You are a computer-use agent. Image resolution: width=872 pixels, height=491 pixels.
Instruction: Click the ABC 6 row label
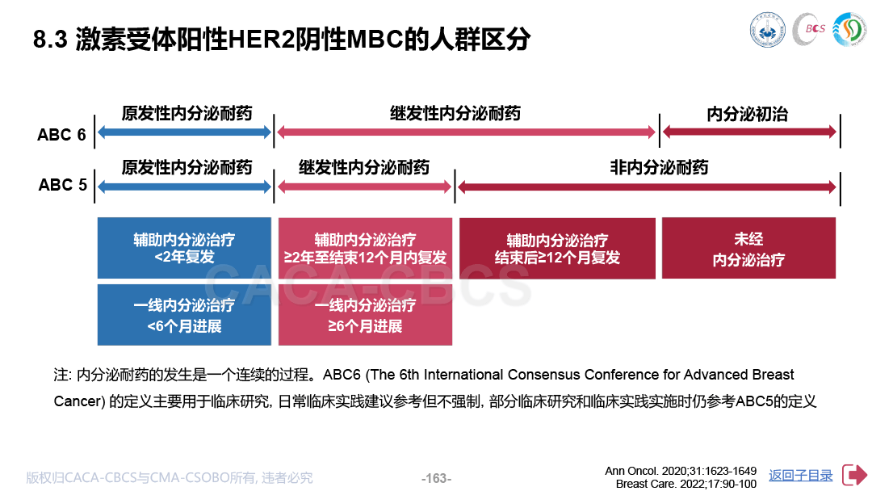click(61, 135)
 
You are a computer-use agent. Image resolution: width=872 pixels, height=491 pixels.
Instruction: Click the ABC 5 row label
click(62, 185)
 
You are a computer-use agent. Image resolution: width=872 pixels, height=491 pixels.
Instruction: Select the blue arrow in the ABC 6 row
click(184, 132)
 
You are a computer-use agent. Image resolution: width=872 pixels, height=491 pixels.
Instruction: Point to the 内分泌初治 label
click(748, 114)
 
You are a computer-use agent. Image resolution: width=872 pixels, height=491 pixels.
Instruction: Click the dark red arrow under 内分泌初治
click(749, 132)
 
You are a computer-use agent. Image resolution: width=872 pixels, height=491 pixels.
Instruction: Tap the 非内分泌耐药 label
click(659, 167)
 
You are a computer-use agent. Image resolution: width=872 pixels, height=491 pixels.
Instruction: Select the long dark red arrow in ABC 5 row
click(647, 187)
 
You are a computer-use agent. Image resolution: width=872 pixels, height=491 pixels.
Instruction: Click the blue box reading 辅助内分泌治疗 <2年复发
click(184, 248)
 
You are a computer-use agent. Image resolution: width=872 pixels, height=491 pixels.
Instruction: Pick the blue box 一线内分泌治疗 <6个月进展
click(184, 315)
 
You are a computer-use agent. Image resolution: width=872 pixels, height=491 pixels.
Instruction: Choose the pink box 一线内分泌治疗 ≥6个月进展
click(366, 315)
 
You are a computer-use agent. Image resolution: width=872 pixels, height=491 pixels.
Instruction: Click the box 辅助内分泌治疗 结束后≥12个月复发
click(557, 248)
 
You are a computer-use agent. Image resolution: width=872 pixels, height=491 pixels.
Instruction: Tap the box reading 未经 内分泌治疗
click(748, 248)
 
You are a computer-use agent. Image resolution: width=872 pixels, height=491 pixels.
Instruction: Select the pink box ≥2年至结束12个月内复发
click(366, 248)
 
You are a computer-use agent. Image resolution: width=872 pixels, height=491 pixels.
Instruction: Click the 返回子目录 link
click(800, 476)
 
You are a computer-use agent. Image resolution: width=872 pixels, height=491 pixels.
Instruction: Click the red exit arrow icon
click(854, 475)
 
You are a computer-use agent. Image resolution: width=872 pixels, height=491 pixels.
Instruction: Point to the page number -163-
click(436, 478)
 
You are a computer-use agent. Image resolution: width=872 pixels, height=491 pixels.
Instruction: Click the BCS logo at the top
click(809, 29)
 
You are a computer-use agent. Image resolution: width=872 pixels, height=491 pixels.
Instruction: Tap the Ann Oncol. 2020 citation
click(681, 471)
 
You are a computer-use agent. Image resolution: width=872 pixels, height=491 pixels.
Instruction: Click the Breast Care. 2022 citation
click(686, 484)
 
